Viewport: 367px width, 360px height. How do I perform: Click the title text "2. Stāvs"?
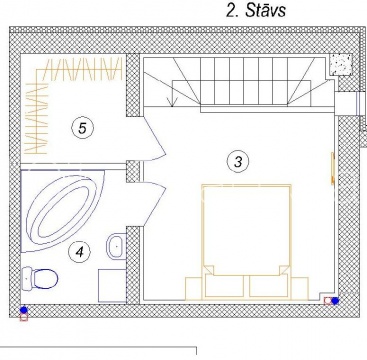click(x=256, y=10)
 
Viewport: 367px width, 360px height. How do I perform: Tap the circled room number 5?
click(x=82, y=128)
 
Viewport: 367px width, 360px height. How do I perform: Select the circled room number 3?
click(x=238, y=162)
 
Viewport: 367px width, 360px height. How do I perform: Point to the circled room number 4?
click(x=79, y=252)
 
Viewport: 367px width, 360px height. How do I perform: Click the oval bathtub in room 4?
click(x=62, y=210)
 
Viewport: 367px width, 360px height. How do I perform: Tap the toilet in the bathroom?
click(x=40, y=278)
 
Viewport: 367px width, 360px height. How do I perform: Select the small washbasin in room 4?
click(x=116, y=246)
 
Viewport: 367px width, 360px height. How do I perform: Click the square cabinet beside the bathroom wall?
click(x=112, y=286)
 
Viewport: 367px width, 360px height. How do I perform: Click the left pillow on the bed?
click(x=224, y=286)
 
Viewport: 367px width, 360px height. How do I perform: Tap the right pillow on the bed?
click(x=269, y=286)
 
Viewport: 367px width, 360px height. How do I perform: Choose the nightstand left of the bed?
click(x=194, y=289)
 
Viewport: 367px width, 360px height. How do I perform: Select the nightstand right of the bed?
click(x=300, y=289)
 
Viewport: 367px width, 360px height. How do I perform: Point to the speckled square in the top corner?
click(x=341, y=64)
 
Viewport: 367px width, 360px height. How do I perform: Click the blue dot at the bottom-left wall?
click(x=23, y=310)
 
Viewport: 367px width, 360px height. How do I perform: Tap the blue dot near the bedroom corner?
click(x=335, y=301)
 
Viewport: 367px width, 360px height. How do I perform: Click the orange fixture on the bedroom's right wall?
click(x=332, y=168)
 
